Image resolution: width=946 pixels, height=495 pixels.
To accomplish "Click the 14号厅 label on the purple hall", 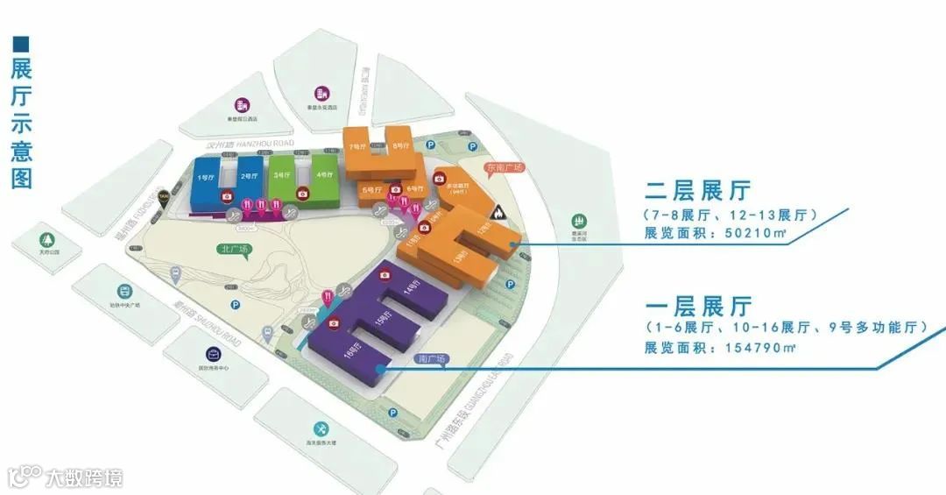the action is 413,288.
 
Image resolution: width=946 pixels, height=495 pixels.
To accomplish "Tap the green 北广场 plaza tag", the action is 235,249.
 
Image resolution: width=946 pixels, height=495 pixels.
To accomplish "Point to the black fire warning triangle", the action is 499,211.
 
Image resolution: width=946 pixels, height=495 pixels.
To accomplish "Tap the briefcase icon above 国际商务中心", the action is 213,354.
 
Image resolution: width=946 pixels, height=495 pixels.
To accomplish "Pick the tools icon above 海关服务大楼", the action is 322,428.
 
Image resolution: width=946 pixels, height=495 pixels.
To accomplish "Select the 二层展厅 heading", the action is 698,190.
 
